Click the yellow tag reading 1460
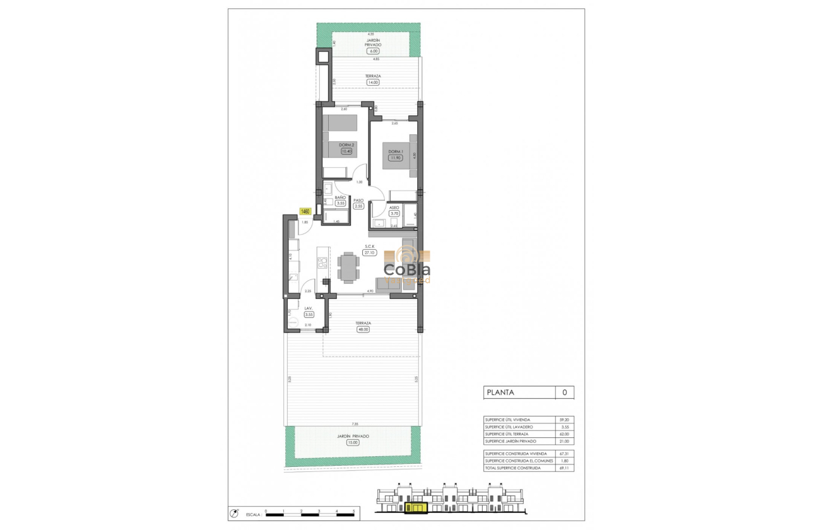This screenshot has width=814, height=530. (x=305, y=211)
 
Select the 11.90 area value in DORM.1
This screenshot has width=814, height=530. (x=395, y=158)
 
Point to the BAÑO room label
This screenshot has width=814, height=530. (x=340, y=197)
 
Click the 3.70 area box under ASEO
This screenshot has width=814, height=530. (x=395, y=214)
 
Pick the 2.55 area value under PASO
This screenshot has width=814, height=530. (x=358, y=206)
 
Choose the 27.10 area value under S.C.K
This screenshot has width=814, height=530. (x=369, y=252)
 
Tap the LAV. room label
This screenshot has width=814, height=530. (x=309, y=309)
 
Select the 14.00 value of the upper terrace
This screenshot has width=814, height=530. (x=372, y=82)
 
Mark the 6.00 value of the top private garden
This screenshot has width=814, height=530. (x=372, y=51)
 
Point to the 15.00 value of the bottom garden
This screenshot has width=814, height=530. (x=353, y=442)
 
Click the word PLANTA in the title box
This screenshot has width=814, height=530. (x=500, y=392)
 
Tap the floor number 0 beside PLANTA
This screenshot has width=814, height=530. (x=564, y=392)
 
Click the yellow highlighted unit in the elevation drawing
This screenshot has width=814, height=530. (x=416, y=507)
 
